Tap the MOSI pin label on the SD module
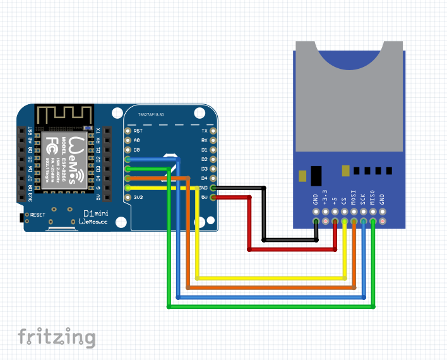tap(354, 198)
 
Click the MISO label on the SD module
tap(372, 198)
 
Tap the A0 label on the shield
tap(137, 140)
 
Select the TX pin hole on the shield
tap(213, 131)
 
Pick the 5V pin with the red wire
tap(213, 197)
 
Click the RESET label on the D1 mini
tap(38, 215)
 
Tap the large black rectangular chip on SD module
tap(316, 174)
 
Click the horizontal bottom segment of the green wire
tap(271, 307)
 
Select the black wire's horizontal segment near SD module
tap(290, 240)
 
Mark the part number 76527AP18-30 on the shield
tap(151, 115)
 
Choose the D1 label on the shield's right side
tap(203, 150)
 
